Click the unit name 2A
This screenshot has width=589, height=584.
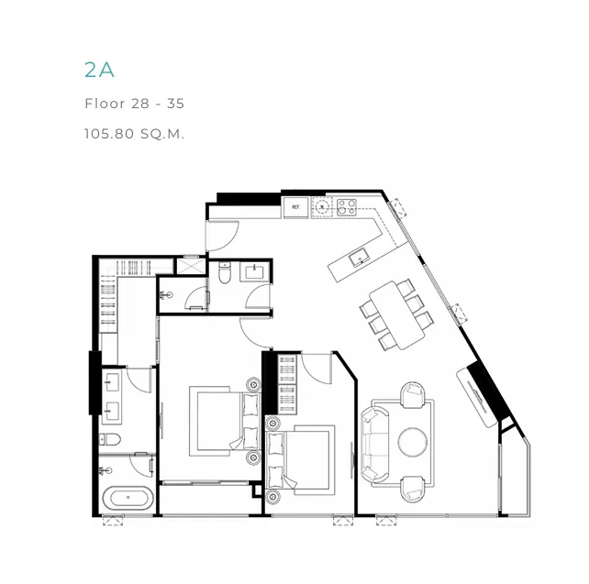click(x=99, y=70)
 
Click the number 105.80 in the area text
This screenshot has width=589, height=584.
click(x=109, y=134)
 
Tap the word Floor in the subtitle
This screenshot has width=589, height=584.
click(x=105, y=104)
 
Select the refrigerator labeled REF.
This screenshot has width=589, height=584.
click(x=296, y=207)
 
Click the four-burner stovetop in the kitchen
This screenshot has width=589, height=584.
click(x=347, y=207)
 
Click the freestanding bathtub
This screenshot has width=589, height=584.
click(x=128, y=497)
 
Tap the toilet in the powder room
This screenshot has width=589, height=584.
click(x=224, y=272)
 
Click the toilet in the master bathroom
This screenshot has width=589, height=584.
click(x=110, y=439)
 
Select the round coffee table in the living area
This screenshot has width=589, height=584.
click(x=413, y=442)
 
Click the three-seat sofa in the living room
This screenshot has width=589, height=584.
click(x=373, y=445)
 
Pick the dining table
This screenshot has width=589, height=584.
click(x=396, y=315)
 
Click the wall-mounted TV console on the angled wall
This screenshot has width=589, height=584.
click(x=477, y=398)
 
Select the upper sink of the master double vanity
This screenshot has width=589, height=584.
click(x=112, y=383)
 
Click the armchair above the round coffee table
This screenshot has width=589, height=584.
click(x=412, y=395)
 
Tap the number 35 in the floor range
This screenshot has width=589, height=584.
click(x=175, y=104)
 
